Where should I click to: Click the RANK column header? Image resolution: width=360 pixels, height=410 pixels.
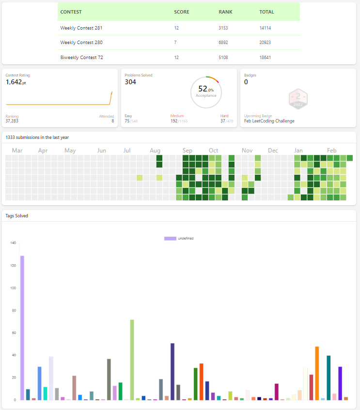[225, 12]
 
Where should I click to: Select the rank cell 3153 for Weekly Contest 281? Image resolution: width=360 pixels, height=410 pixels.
[223, 28]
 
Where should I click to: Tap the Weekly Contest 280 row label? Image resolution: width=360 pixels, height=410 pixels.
[81, 43]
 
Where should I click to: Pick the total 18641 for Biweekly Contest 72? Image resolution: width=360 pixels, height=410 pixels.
[265, 57]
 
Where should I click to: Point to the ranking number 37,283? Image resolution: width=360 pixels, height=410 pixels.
[12, 121]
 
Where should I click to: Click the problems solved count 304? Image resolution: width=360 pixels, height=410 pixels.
[130, 82]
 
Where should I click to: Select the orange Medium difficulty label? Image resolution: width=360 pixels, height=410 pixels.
[177, 116]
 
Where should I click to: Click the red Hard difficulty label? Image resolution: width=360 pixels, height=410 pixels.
[224, 116]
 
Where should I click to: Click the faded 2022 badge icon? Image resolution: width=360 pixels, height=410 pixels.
[298, 99]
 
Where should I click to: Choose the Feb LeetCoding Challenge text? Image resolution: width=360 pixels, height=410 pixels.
[269, 121]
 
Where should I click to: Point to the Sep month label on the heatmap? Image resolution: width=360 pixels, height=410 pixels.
[187, 151]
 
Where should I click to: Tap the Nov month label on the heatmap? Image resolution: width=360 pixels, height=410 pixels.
[247, 151]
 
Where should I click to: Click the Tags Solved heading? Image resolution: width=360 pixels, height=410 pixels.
[17, 216]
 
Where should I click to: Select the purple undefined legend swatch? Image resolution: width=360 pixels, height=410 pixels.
[170, 239]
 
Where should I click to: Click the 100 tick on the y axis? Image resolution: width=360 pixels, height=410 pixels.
[13, 288]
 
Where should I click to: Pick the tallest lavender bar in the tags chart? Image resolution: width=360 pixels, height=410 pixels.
[22, 328]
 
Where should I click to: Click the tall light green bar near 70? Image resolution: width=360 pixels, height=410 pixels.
[132, 360]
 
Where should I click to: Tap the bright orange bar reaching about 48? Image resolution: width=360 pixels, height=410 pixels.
[317, 373]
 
